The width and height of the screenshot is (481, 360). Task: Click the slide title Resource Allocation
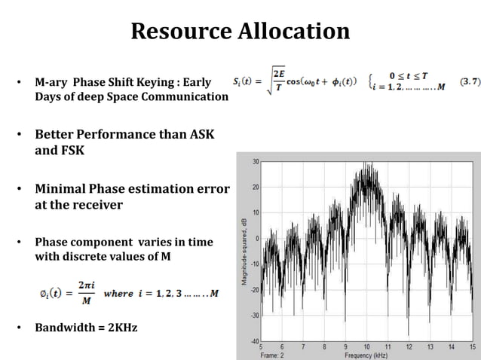(240, 31)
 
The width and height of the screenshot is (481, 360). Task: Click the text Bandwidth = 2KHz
(86, 328)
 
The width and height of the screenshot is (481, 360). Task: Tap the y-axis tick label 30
(256, 161)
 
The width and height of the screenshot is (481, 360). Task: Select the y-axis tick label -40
(255, 341)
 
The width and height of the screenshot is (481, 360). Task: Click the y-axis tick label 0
(258, 239)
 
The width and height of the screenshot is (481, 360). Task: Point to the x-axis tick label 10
(366, 347)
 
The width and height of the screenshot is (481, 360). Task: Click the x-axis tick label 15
(472, 347)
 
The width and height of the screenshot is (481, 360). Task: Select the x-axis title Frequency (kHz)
(366, 355)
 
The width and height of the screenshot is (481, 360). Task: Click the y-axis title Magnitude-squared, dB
(244, 251)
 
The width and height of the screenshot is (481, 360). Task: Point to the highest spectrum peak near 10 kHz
(367, 163)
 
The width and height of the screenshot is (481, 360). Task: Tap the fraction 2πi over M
(84, 294)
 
